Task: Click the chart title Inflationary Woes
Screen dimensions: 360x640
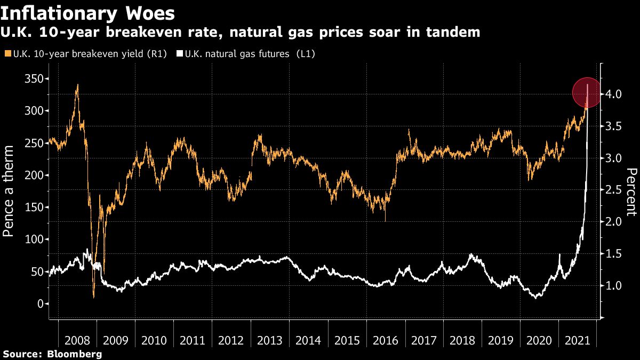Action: (x=89, y=12)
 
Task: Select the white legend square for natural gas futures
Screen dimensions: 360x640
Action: (x=179, y=54)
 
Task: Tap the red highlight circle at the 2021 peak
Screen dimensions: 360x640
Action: (x=588, y=92)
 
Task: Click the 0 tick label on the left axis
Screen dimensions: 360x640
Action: (x=41, y=304)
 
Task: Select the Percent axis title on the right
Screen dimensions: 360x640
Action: (x=631, y=192)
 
